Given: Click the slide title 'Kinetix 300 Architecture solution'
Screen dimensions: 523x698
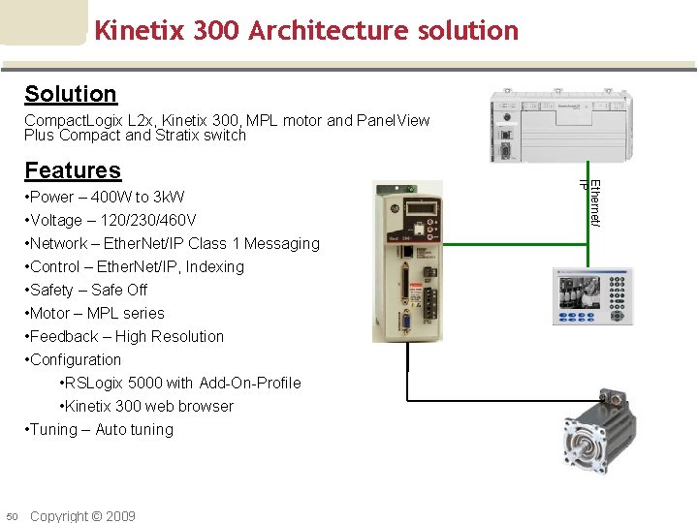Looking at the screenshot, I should pos(306,30).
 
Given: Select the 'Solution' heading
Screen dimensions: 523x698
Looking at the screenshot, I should pos(71,94).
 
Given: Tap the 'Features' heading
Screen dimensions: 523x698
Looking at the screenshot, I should pos(73,170).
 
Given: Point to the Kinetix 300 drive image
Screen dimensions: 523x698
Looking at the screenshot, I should pos(407,261).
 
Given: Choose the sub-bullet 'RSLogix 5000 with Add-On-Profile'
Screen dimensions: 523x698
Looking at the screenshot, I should pos(180,384).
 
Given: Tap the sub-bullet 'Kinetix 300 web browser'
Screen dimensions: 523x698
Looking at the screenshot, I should pos(146,407).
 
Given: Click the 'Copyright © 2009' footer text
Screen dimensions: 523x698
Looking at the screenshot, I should pos(82,516).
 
